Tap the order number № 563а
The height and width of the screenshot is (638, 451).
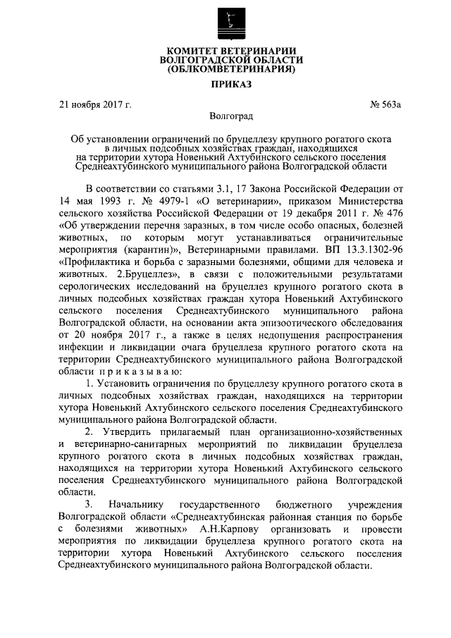point(387,105)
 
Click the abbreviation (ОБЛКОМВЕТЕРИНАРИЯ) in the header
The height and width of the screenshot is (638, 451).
point(225,69)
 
